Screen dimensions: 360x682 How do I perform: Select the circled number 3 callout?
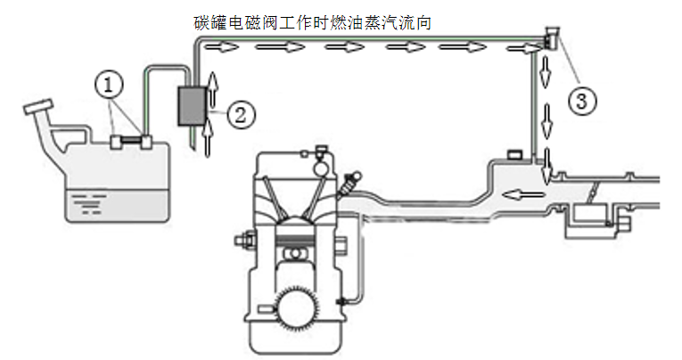click(x=579, y=100)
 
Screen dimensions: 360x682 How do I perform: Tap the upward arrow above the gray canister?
click(x=212, y=87)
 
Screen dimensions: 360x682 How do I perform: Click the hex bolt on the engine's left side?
click(x=242, y=241)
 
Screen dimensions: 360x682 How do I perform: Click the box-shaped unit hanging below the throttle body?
click(x=588, y=217)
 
